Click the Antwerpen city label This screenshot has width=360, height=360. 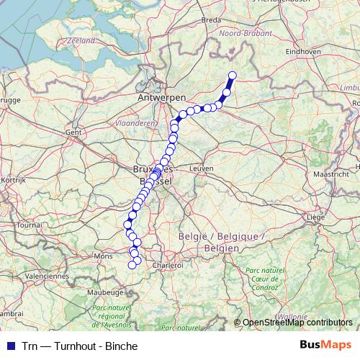click(x=162, y=96)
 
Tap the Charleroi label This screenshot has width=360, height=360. click(x=168, y=265)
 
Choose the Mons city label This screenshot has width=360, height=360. click(x=104, y=256)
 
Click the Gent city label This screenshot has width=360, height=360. click(x=73, y=132)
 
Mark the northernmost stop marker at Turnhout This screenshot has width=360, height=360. click(x=233, y=76)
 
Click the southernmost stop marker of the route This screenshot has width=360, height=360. click(x=132, y=266)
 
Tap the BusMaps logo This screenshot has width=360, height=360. click(x=325, y=344)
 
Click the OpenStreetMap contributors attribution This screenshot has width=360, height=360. click(x=297, y=323)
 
